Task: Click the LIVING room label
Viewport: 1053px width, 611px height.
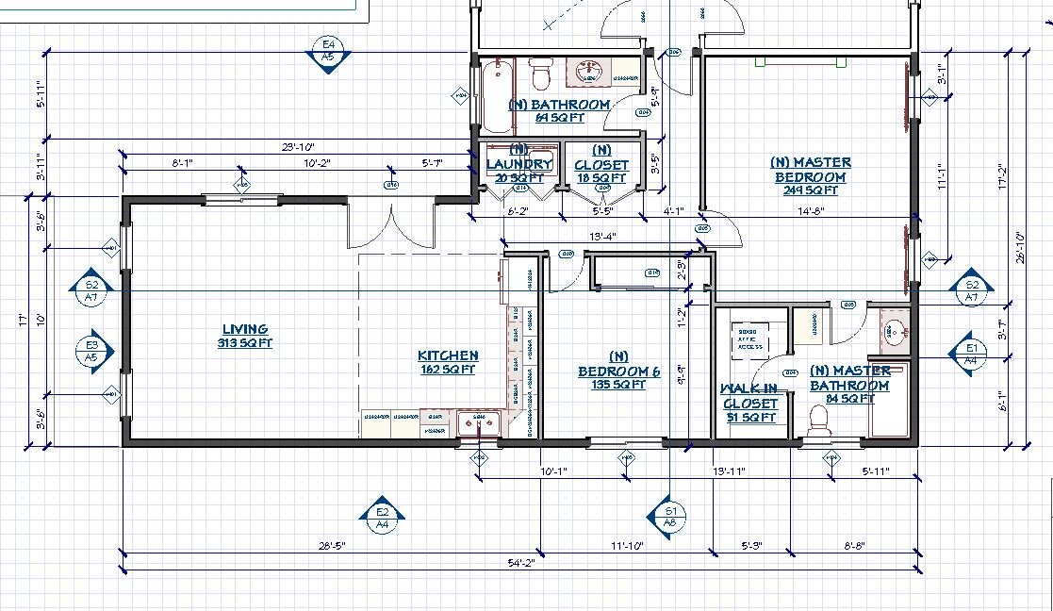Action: [x=244, y=336]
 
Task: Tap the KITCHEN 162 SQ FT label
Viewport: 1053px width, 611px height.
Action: [x=448, y=362]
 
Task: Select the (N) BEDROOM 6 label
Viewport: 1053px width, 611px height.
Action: [x=618, y=371]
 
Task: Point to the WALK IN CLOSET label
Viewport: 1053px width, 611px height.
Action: [x=749, y=403]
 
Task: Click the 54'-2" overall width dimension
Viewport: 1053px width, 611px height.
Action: [x=521, y=563]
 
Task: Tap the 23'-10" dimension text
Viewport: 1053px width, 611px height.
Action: [x=297, y=147]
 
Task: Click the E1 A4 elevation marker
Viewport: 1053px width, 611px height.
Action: [x=972, y=353]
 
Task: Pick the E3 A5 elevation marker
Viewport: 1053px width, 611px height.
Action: [x=91, y=352]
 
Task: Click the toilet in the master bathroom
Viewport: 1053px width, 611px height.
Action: [x=818, y=421]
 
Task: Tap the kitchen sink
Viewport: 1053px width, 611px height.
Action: [x=479, y=424]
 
